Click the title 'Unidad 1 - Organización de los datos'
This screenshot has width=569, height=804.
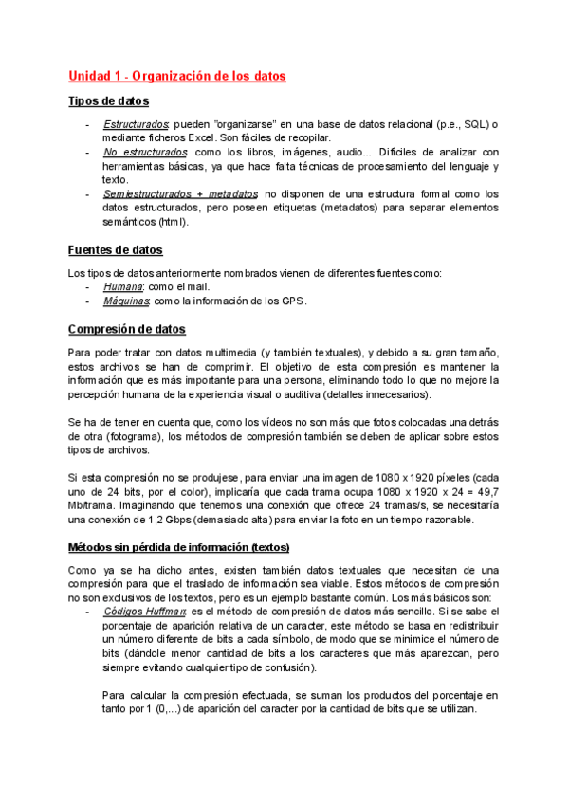176,76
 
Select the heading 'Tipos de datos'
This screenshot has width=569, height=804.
108,101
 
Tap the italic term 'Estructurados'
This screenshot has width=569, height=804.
136,125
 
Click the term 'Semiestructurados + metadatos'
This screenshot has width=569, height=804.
179,193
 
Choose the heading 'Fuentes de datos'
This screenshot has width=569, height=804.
116,249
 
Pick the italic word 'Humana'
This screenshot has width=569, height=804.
122,287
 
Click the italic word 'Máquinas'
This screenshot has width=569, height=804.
126,301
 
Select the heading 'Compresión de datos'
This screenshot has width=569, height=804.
127,329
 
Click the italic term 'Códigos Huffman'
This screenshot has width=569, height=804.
143,612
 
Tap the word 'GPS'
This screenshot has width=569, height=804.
292,301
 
